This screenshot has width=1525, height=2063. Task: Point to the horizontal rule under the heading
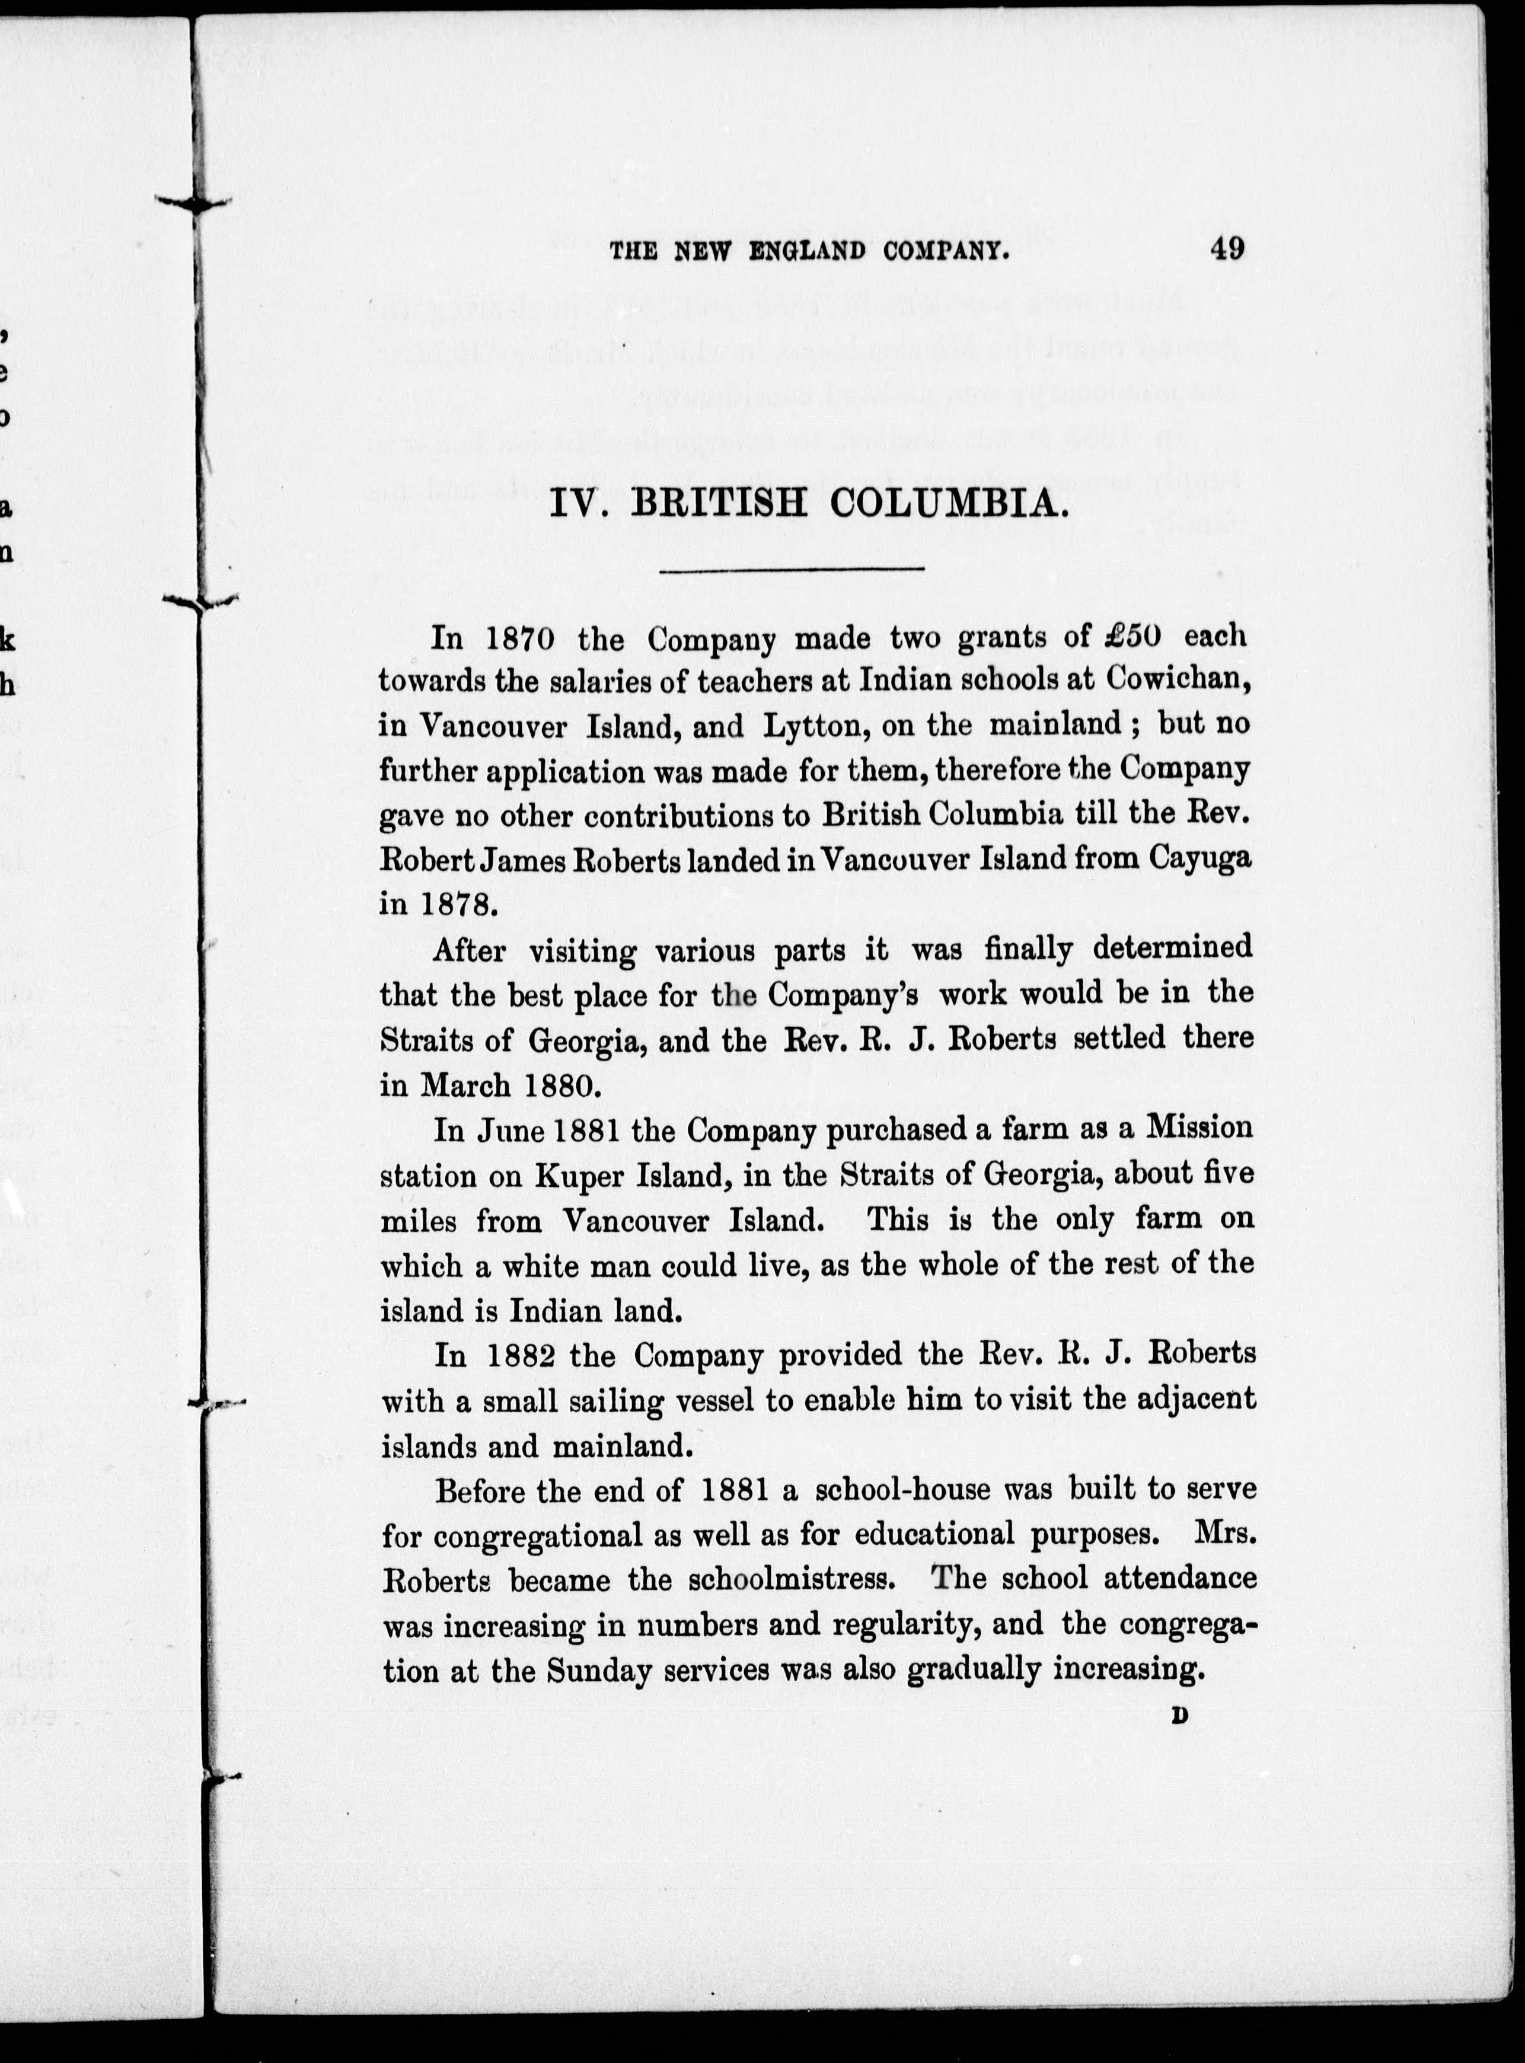[792, 570]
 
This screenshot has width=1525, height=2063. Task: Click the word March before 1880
[467, 1085]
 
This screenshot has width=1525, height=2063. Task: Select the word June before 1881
[512, 1130]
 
